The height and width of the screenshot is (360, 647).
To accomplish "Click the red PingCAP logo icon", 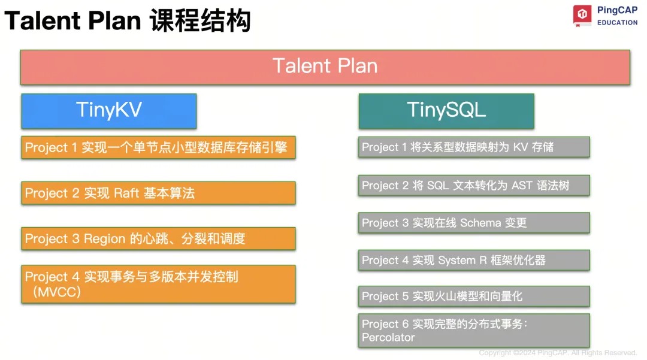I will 582,15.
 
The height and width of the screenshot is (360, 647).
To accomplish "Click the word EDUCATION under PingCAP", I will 617,23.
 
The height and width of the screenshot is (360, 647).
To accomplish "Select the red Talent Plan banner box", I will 325,66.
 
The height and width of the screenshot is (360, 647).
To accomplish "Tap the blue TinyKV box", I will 108,110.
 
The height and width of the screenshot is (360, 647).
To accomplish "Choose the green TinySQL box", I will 446,110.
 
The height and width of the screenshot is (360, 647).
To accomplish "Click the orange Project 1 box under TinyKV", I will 158,147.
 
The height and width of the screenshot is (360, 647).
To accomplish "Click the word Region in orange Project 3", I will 105,239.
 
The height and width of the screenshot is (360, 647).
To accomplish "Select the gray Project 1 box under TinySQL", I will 473,147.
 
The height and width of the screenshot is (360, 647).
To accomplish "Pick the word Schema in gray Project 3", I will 480,223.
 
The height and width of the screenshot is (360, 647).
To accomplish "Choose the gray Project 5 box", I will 473,297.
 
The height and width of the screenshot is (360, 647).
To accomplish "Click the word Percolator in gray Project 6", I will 388,338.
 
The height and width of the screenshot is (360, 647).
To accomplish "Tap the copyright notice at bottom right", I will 557,353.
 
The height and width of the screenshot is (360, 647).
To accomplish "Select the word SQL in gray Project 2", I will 437,186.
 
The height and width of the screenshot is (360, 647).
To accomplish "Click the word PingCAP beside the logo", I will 617,10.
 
